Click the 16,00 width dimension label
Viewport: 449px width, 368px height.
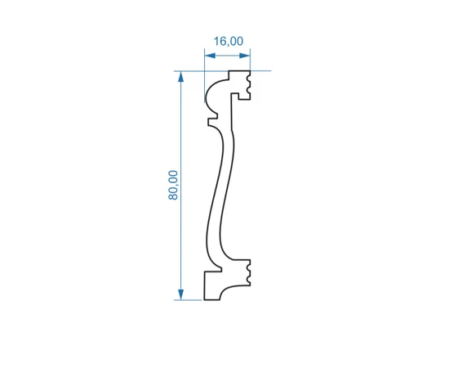(x=229, y=42)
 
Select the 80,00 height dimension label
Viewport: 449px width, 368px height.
(x=173, y=186)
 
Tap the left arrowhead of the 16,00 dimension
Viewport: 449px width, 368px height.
(x=210, y=56)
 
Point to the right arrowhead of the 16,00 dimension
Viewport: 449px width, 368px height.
(x=245, y=56)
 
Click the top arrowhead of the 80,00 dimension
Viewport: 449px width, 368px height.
(x=180, y=77)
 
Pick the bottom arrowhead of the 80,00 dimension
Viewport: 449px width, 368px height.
(x=180, y=294)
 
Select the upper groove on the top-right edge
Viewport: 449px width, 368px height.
(x=248, y=78)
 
